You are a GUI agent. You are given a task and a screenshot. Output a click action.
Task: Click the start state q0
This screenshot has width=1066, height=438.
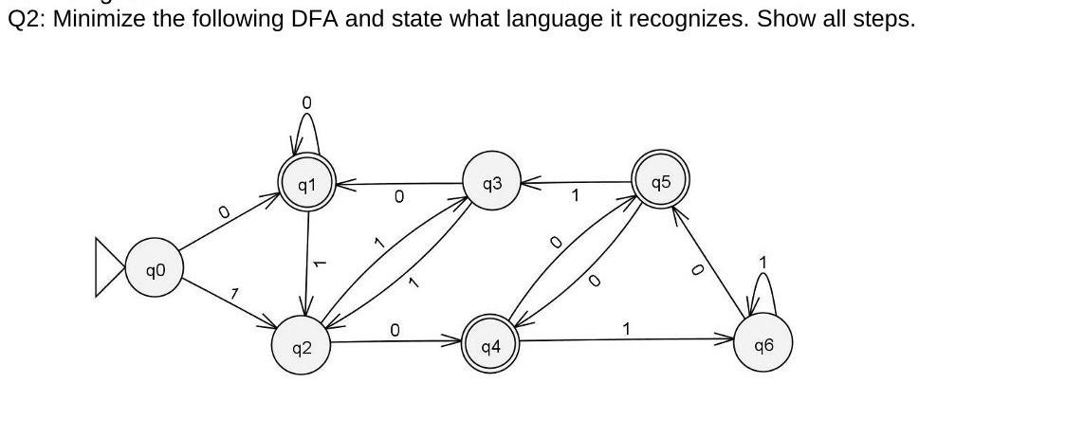coord(155,271)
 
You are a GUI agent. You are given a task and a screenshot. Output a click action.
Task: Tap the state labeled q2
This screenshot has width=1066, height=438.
coord(300,347)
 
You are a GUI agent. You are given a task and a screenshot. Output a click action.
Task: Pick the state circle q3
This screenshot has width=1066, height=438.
coord(492,183)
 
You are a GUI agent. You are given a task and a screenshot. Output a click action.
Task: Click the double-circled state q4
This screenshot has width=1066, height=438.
coord(489,346)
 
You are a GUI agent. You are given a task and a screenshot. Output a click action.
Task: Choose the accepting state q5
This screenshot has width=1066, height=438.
coord(661,181)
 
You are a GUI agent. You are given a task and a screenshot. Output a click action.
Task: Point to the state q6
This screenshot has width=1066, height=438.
coord(763,345)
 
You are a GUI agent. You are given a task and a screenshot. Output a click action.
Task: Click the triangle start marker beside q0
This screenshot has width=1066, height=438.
coord(109,267)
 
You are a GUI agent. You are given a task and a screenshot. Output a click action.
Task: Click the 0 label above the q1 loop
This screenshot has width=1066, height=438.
coord(306,101)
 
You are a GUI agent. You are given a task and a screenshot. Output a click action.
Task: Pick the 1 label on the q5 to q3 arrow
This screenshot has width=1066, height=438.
coord(574,196)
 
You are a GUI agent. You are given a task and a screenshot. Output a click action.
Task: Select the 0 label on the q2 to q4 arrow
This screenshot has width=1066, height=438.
coord(395,329)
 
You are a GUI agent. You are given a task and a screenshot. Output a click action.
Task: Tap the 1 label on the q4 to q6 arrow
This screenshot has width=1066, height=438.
coord(626,329)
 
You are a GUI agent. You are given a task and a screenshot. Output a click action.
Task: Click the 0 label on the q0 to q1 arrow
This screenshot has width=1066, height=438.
coord(224,214)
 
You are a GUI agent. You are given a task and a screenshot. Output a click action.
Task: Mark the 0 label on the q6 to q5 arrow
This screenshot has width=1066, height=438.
coord(695,270)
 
